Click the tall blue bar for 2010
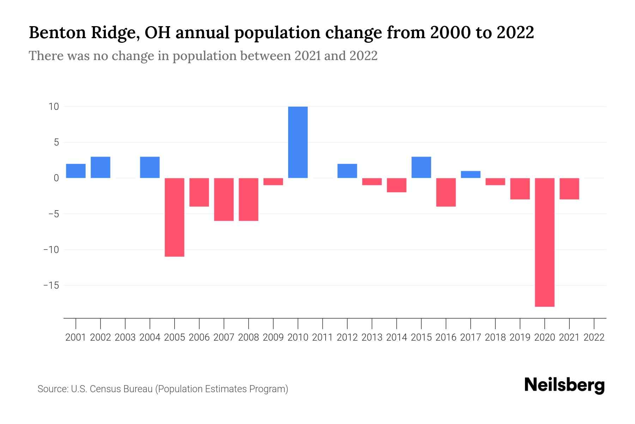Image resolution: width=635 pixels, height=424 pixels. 298,142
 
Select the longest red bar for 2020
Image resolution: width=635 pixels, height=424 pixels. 545,242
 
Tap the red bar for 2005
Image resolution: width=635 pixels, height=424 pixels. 175,217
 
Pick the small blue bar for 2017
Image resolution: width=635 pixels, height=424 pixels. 471,175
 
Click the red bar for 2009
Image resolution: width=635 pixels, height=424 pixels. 273,182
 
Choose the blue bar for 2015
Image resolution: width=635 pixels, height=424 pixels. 421,167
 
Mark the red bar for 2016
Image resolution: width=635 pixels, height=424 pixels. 446,192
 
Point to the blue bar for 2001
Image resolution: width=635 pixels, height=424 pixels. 76,171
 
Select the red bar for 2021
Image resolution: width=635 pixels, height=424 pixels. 569,189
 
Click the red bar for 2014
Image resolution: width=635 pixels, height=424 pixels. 397,185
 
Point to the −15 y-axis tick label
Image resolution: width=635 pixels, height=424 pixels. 51,285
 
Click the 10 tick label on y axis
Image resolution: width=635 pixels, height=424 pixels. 54,106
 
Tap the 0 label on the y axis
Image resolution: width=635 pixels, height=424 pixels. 56,178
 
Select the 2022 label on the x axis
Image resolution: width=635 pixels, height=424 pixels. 594,337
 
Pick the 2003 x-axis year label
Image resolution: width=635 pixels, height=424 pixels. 125,337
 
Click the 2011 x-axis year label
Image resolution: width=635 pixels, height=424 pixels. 322,337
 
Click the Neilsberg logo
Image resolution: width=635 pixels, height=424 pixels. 564,385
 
